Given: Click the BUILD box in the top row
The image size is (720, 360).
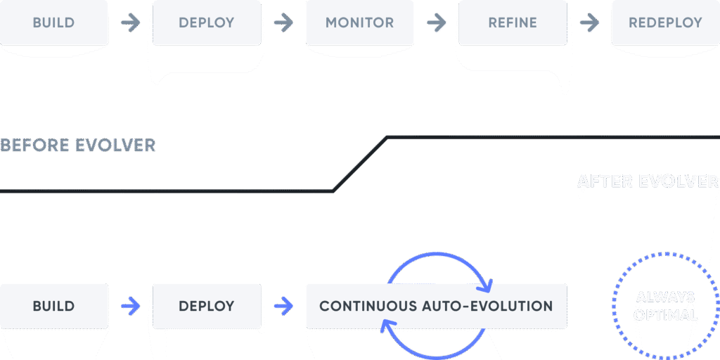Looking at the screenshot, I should point(53,22).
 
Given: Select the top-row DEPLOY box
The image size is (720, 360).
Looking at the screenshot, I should point(206,22).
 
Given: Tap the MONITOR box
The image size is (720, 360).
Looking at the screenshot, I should point(359,22).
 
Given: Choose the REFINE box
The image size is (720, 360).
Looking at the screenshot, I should point(512,22).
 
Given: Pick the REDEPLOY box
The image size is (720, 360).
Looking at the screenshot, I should point(665,22).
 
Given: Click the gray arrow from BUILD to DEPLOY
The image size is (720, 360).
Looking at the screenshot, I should point(130,22).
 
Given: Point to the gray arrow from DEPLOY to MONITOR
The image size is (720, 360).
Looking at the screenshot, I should point(283,22).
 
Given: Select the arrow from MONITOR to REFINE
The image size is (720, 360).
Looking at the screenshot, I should point(436,22).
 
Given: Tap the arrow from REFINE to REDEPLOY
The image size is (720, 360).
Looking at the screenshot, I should point(589,22).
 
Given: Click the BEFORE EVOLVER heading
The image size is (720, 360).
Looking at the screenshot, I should point(77,146).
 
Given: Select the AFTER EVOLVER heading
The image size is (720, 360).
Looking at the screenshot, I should point(648,181).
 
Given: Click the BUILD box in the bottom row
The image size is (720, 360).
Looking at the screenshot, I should point(53,306).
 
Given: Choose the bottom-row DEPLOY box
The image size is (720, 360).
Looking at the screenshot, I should point(206,306).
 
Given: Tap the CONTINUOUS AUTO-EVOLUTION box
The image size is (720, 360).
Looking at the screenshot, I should point(436,306).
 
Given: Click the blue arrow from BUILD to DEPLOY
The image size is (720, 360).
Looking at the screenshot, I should point(130,306).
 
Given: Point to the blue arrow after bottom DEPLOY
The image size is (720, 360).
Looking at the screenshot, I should point(283,306).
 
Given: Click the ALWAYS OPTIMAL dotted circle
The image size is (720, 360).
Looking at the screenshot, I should point(664,306).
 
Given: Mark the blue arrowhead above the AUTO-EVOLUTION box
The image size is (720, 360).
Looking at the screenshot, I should point(486,285).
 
